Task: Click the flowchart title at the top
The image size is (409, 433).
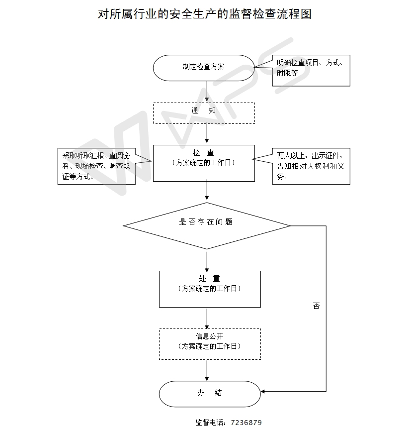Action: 205,14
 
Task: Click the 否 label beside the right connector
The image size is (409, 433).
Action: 317,306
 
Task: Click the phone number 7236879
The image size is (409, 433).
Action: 246,423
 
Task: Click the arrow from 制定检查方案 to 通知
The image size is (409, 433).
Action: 207,92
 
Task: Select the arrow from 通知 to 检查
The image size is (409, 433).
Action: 207,133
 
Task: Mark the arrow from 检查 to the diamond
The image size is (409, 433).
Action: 207,191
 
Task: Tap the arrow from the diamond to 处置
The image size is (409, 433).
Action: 207,261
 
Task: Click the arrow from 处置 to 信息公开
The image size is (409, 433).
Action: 207,319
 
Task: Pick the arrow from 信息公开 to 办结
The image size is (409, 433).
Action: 207,371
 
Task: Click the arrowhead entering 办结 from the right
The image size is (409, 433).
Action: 263,391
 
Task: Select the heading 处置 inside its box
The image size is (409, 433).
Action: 210,278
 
